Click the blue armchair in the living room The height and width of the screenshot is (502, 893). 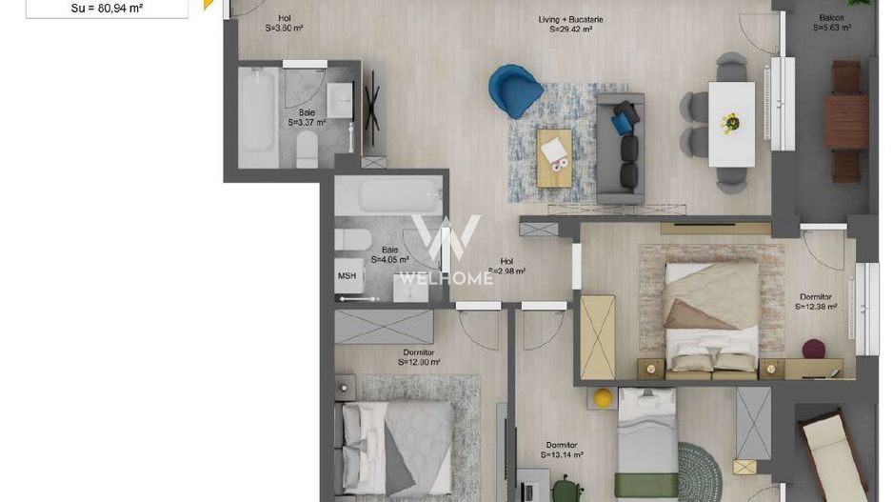tap(515, 89)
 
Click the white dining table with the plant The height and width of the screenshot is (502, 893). tap(731, 123)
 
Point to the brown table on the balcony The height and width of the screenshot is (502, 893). tap(845, 119)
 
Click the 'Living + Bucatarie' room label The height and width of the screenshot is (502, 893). tap(571, 19)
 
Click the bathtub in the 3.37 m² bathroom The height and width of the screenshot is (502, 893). tap(256, 111)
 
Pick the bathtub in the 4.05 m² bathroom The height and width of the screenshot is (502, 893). tap(387, 197)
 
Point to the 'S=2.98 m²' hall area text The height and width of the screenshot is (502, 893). tap(506, 271)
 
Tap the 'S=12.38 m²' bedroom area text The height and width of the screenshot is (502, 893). tap(816, 307)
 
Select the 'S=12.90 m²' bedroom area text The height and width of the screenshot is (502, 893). tap(419, 362)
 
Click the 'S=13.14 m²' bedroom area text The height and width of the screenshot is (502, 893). tap(562, 455)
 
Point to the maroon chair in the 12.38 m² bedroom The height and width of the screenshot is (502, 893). tap(813, 349)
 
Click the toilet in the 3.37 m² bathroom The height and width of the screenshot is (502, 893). tap(307, 150)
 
